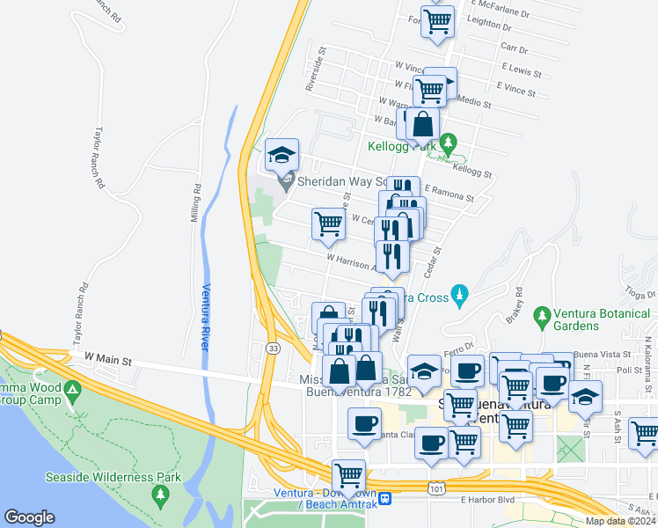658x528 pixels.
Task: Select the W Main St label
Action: click(107, 360)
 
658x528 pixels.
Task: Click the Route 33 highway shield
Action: click(273, 348)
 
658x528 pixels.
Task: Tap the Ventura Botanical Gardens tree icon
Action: click(543, 314)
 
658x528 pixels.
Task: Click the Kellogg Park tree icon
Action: click(449, 142)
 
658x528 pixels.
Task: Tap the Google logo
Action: click(29, 517)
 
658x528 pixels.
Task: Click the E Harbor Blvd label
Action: click(486, 500)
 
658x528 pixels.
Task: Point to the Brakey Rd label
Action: click(515, 304)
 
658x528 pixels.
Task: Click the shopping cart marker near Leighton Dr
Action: click(437, 20)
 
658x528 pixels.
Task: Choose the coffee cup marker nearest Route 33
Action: click(363, 424)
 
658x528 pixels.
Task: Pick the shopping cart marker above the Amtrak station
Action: click(349, 475)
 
